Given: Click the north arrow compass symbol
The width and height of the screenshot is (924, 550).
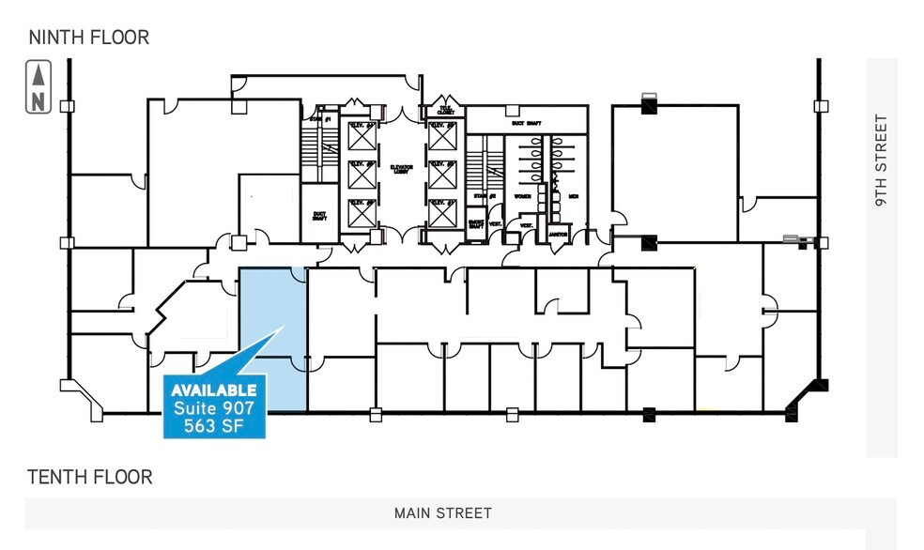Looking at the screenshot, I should (38, 86).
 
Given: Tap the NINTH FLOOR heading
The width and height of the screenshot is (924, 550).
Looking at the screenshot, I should (89, 38).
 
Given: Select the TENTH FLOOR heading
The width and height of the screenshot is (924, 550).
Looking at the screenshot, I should (89, 477).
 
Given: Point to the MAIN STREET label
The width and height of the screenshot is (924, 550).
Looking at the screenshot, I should (443, 513).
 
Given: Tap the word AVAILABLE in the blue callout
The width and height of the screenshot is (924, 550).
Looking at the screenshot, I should (214, 390).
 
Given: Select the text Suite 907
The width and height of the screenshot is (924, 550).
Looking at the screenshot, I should (214, 407).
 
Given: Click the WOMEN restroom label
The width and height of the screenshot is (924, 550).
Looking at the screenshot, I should (521, 196).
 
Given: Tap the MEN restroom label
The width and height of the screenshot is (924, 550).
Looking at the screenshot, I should (571, 196).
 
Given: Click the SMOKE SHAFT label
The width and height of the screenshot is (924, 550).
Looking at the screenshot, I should (476, 225).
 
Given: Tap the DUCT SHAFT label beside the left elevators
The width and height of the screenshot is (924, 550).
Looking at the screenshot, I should (318, 215).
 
